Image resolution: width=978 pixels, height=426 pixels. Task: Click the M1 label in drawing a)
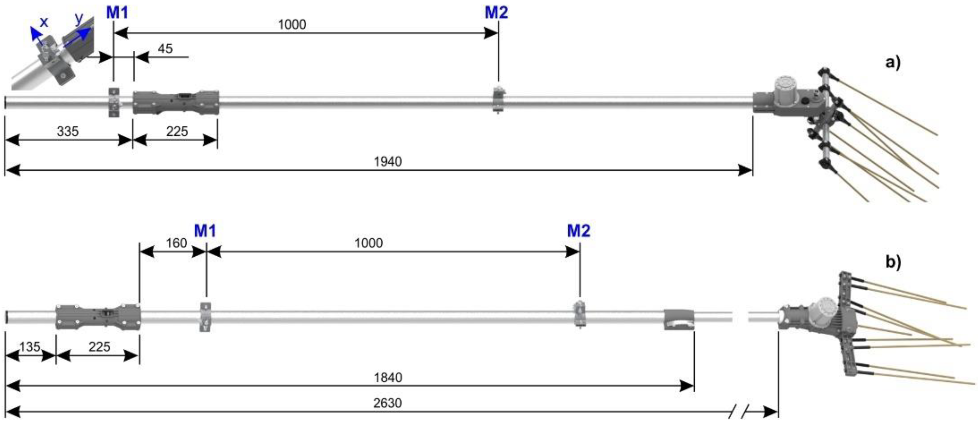[117, 12]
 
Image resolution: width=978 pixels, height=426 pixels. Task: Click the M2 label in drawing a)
[496, 12]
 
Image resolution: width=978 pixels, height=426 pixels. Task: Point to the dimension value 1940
[388, 162]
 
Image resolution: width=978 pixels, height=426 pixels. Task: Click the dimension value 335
[67, 131]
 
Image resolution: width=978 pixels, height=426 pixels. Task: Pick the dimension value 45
[165, 48]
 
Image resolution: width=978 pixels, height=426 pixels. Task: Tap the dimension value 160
[177, 243]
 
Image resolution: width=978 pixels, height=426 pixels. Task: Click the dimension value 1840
[388, 378]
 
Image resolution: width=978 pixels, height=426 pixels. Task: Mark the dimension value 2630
[387, 403]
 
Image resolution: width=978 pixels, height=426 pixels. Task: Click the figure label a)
[893, 62]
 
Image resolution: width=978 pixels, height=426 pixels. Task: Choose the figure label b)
[893, 262]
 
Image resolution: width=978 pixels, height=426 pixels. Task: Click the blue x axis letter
[44, 22]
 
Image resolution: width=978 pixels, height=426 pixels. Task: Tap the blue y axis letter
[79, 18]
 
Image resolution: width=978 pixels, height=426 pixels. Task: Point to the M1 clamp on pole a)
[114, 103]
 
